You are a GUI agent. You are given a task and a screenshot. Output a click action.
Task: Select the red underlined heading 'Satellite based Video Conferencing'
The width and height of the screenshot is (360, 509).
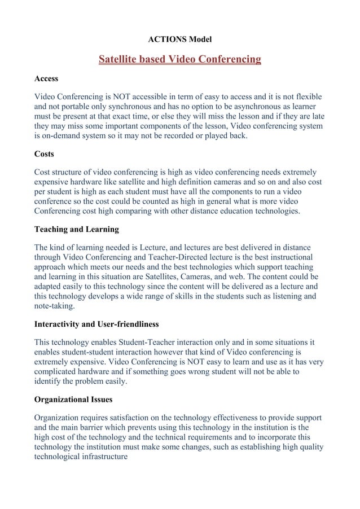click(x=179, y=59)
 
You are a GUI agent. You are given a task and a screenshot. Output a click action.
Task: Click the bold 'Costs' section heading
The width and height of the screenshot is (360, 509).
click(x=45, y=153)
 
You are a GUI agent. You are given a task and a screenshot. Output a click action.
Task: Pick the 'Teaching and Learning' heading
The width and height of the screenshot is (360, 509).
click(x=77, y=230)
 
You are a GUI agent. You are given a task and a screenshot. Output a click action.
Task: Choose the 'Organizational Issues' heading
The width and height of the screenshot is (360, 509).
click(x=73, y=400)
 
